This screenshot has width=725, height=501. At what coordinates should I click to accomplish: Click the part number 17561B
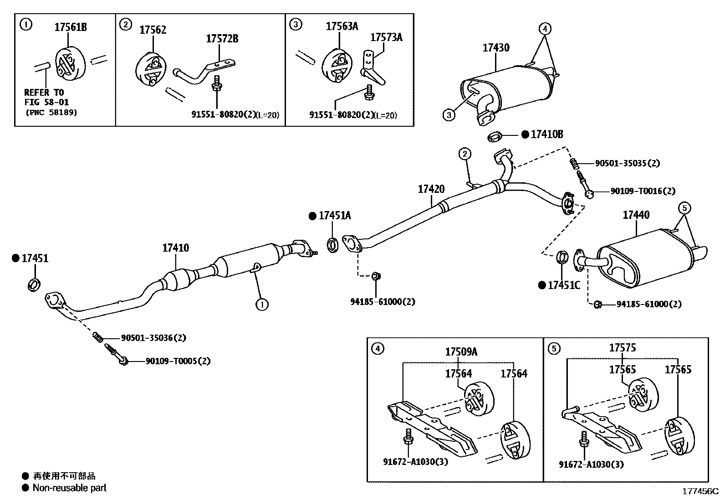(x=71, y=27)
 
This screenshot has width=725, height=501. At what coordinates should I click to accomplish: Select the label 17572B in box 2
(x=222, y=39)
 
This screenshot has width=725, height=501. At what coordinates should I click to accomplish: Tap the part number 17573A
(x=386, y=37)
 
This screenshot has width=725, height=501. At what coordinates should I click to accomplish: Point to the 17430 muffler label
(x=496, y=48)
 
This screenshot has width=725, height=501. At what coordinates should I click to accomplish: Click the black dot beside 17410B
(x=525, y=134)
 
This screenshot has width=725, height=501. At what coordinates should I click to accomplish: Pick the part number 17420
(x=431, y=189)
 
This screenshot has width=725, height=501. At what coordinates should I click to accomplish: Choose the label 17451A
(x=335, y=216)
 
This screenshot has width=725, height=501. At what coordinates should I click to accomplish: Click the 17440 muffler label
(x=636, y=215)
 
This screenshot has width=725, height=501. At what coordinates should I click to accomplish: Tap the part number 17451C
(x=564, y=285)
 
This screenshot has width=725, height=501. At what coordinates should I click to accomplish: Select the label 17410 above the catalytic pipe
(x=175, y=248)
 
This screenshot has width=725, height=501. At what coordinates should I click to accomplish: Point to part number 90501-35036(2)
(x=153, y=338)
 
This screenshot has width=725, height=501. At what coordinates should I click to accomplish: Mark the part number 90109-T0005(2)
(x=178, y=361)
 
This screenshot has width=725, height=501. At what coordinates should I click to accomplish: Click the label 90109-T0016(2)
(x=643, y=191)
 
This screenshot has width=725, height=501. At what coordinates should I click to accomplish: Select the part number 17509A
(x=461, y=351)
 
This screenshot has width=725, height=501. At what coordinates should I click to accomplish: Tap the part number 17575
(x=623, y=348)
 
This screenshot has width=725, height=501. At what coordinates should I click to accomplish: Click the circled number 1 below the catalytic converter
(x=262, y=304)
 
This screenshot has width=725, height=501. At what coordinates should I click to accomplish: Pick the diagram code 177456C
(x=699, y=491)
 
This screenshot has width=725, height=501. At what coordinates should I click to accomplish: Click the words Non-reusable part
(x=69, y=488)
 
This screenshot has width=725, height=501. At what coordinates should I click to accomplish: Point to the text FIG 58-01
(x=46, y=103)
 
